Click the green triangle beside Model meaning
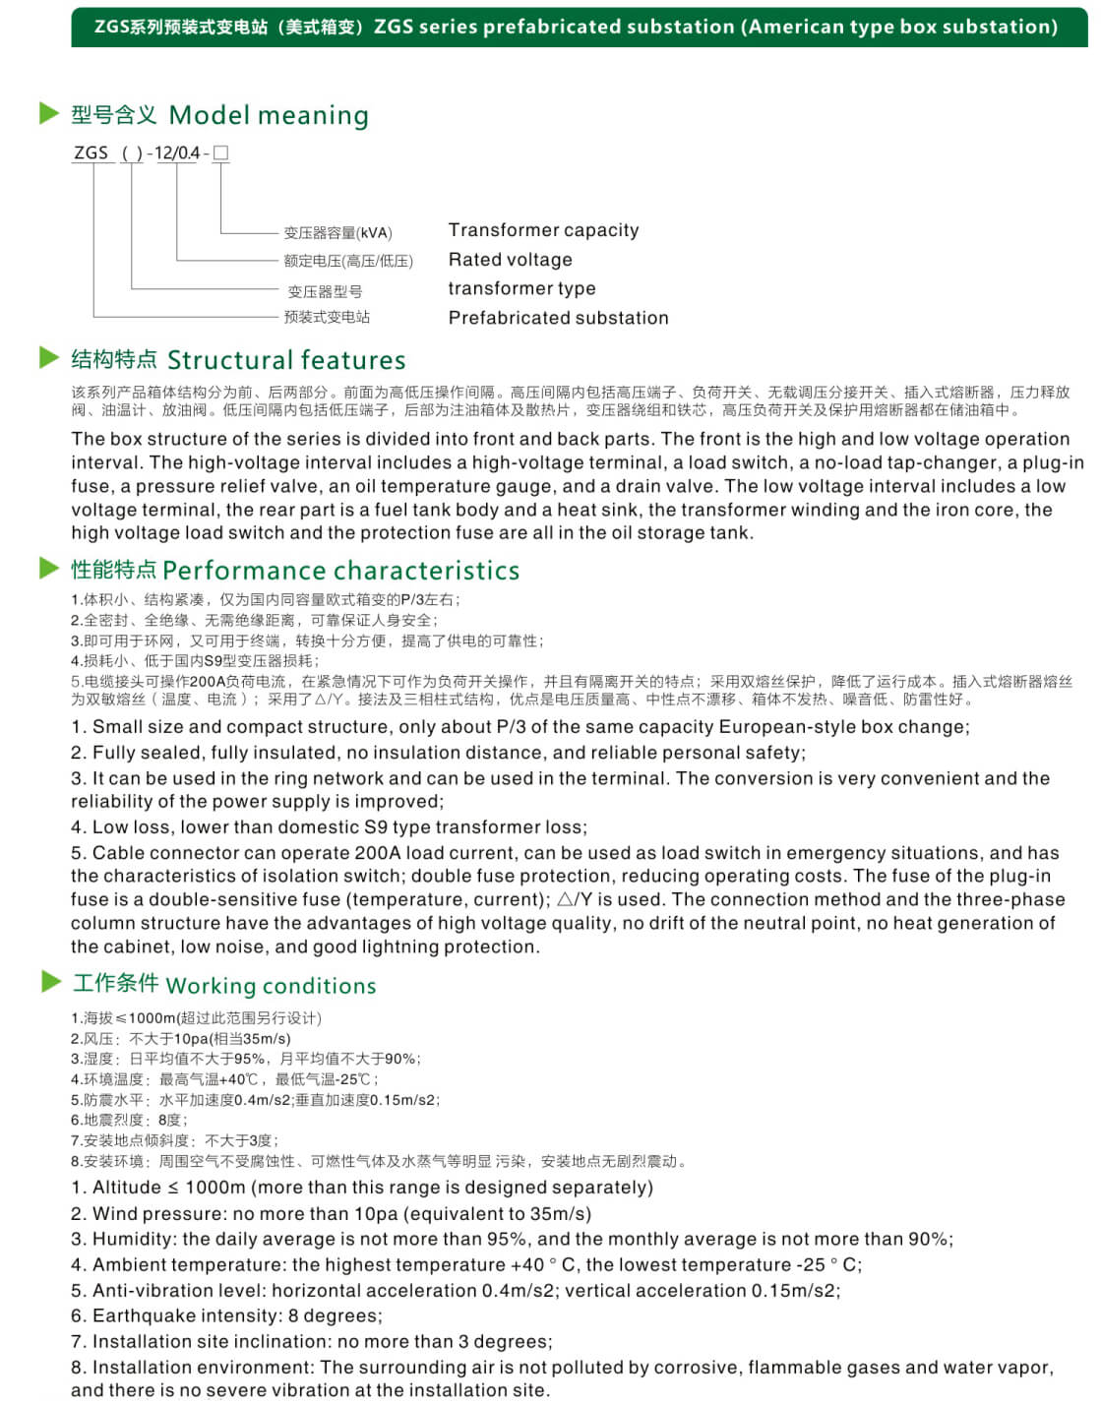coord(49,114)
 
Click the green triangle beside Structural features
coord(49,357)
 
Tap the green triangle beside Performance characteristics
coord(49,568)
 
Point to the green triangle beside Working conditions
coord(51,981)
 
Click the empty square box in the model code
coord(220,153)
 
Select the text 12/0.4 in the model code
coord(177,153)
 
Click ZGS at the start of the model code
coord(92,153)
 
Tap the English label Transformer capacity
coord(543,230)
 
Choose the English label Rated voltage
coord(510,260)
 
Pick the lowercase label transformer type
coord(521,288)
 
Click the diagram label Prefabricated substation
coord(558,318)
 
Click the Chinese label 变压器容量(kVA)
coord(337,233)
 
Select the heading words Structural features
coord(286,360)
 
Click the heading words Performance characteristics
coord(340,571)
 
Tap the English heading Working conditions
coord(271,986)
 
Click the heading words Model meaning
coord(269,116)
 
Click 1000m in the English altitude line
coord(215,1188)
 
